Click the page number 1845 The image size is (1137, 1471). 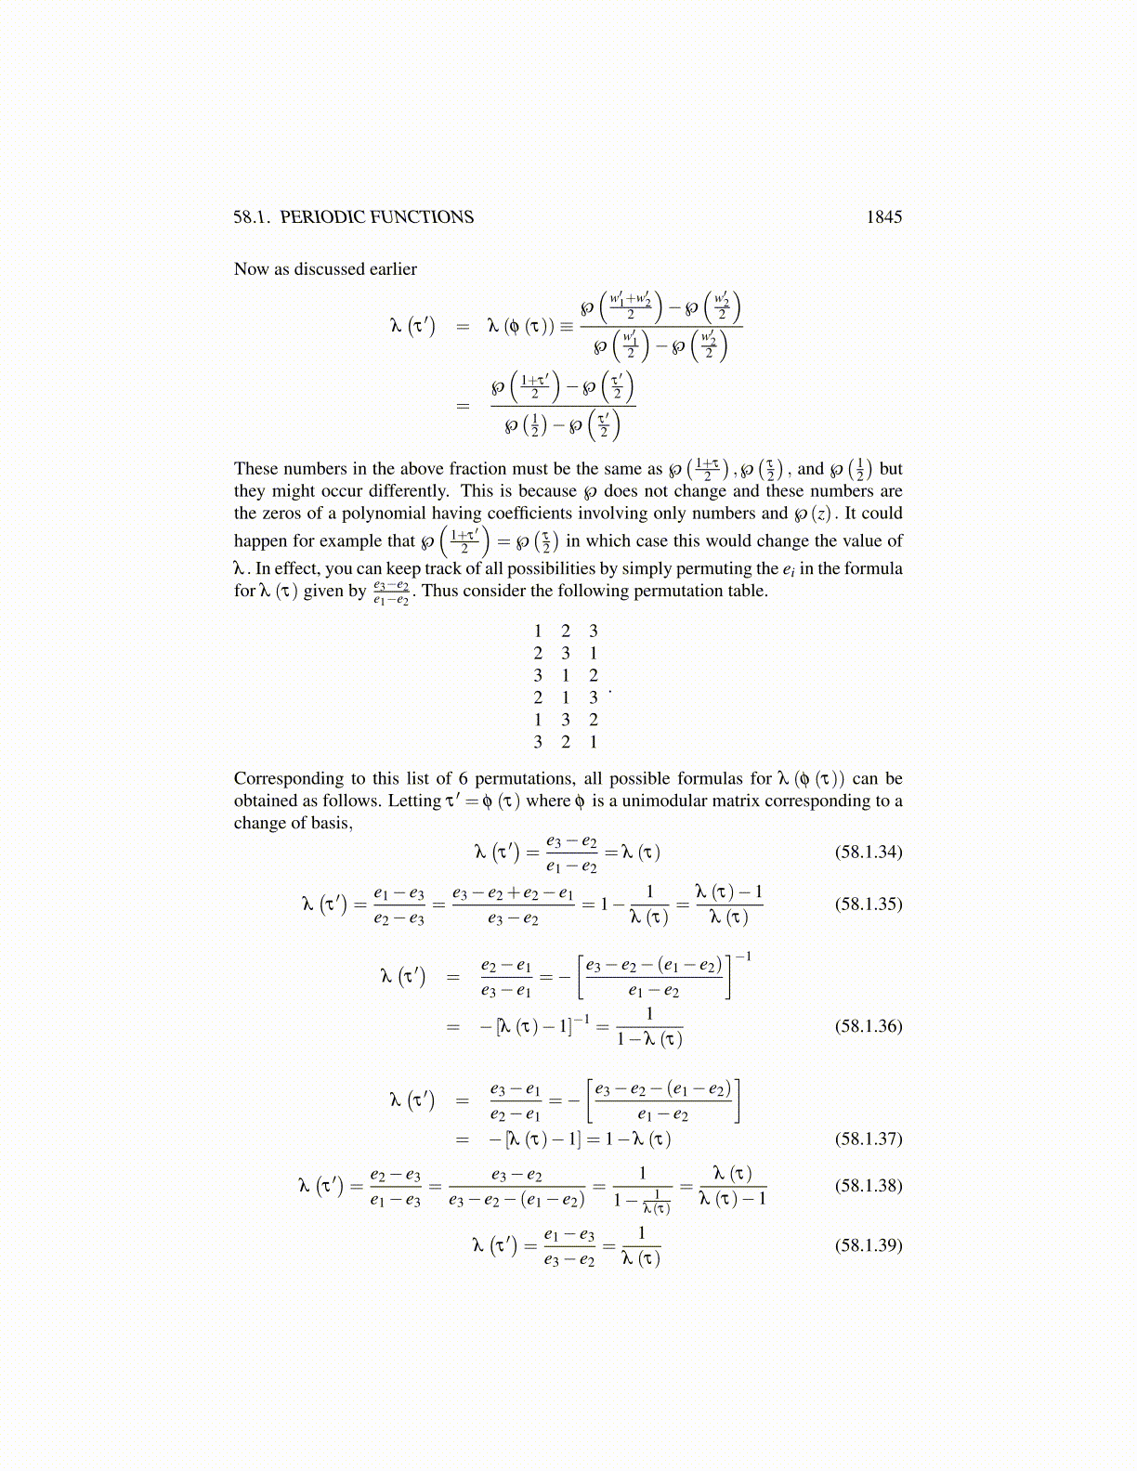[883, 217]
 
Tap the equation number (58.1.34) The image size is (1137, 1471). [869, 852]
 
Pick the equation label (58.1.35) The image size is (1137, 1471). [869, 904]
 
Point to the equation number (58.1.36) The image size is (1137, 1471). [869, 1026]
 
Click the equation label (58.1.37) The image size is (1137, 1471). [869, 1139]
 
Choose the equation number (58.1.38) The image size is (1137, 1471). [869, 1186]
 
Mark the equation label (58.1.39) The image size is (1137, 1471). [869, 1245]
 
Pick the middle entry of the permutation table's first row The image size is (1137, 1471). [566, 631]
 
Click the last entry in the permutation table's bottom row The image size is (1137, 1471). [594, 742]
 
